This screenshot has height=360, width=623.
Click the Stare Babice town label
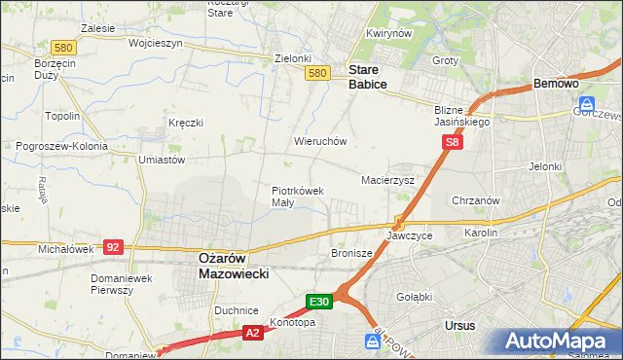tap(368, 77)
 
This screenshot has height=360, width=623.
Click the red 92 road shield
tap(114, 247)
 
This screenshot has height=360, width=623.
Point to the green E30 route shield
tap(321, 302)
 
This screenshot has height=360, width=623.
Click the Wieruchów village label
tap(320, 141)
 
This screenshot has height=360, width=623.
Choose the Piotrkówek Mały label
tap(297, 197)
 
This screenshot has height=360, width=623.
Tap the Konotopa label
tap(292, 322)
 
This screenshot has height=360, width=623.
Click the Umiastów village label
tap(162, 159)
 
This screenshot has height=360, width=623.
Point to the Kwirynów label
tap(385, 33)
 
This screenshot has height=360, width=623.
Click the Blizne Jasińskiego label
tap(461, 116)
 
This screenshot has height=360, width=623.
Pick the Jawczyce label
tap(409, 235)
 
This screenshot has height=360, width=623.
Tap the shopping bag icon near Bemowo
tap(588, 104)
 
